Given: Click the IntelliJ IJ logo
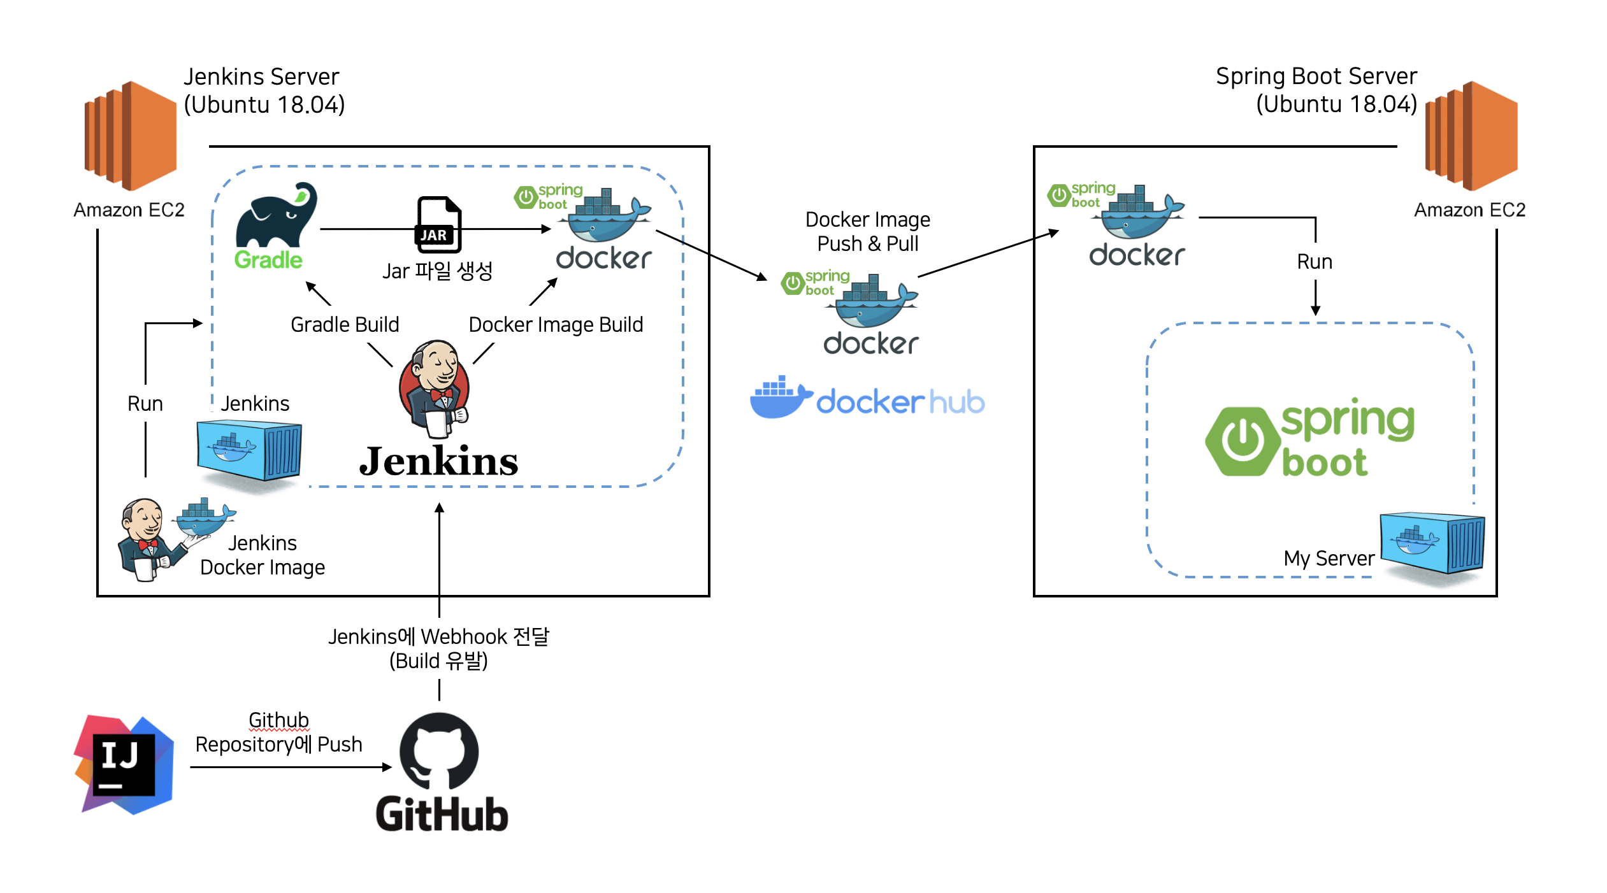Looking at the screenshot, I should (124, 764).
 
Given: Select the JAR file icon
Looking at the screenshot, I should (438, 224).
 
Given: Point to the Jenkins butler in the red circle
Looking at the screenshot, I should (435, 389).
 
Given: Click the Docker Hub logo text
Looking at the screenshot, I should (899, 402).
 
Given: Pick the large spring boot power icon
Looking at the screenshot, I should (1243, 441).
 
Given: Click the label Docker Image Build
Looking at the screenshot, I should (555, 325).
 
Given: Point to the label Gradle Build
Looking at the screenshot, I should (345, 325).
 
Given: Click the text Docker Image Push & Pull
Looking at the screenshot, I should (867, 231).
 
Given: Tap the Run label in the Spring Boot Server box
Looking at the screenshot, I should (1314, 262).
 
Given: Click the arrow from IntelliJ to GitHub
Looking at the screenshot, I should (290, 767).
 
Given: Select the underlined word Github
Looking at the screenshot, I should (278, 720).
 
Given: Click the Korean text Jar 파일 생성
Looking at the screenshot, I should (437, 271).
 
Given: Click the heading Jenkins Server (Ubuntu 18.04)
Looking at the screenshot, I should (263, 90).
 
